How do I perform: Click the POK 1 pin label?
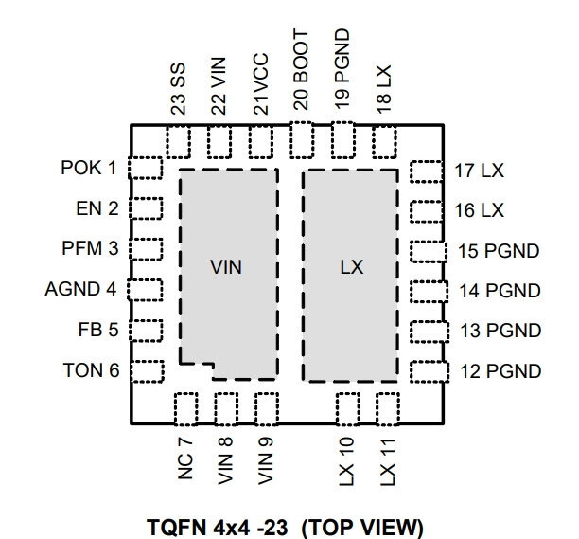click(89, 168)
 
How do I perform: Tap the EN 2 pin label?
click(97, 208)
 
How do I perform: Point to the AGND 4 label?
click(81, 289)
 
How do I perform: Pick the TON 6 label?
click(92, 370)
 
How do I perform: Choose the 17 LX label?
click(480, 171)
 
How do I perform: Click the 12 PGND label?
click(500, 370)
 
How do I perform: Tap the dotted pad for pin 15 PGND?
click(427, 251)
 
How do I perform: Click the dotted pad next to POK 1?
click(147, 168)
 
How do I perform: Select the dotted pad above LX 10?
click(347, 409)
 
